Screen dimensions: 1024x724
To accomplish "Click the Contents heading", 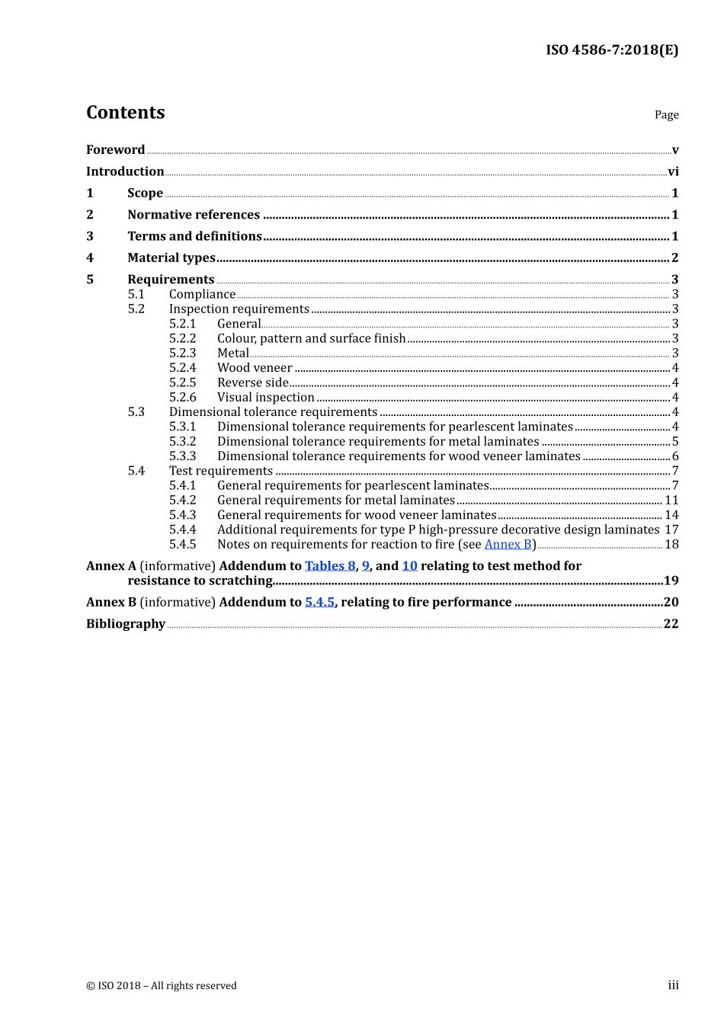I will [x=125, y=113].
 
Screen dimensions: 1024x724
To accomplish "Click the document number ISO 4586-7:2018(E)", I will [x=611, y=50].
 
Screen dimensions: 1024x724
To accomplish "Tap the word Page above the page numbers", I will [x=666, y=115].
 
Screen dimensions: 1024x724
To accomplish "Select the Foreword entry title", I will [x=115, y=150].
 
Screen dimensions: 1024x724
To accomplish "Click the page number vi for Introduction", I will [x=673, y=172].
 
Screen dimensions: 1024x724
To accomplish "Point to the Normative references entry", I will [x=194, y=215].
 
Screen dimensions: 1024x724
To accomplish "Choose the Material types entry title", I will [x=171, y=258].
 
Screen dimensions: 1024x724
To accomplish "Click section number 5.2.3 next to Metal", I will [x=182, y=354].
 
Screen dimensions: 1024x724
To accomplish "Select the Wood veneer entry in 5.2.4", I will [x=255, y=368].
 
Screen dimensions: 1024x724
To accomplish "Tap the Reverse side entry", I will [x=253, y=382].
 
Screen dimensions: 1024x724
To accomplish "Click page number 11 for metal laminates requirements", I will [x=671, y=501].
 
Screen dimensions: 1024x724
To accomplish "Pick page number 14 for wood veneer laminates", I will [x=671, y=515].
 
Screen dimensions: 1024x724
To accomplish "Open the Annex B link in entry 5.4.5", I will [x=508, y=545].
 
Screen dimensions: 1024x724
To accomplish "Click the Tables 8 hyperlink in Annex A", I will [x=329, y=566].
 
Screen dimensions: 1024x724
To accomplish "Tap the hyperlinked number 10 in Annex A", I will [x=409, y=566].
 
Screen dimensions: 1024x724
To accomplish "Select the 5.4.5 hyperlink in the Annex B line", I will [x=319, y=603].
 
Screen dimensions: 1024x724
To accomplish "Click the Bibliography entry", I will [x=126, y=624].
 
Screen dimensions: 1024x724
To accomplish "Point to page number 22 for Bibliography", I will [x=671, y=624].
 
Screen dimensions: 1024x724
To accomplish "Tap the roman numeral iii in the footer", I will [x=673, y=986].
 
